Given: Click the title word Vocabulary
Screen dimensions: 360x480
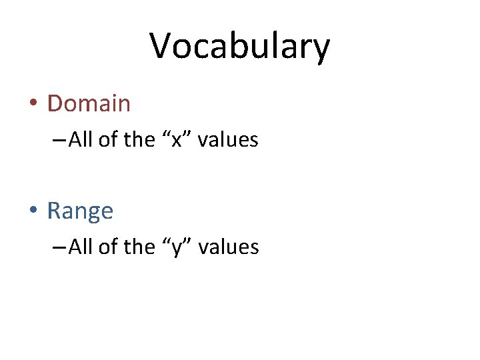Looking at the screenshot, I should (239, 47).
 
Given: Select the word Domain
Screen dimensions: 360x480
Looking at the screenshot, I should (89, 103).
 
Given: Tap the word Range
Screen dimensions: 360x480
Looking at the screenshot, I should (80, 211).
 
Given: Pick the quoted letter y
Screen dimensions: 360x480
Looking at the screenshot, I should (177, 248).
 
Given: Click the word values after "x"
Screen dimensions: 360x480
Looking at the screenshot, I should (228, 140).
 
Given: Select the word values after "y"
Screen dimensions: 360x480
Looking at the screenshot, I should (229, 247).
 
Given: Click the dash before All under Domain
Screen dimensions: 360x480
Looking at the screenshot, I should (58, 141).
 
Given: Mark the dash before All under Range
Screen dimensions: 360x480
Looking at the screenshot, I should (58, 248).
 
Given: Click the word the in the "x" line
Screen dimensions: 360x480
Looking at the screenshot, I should (139, 140).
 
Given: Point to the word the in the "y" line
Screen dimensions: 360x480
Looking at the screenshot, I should (139, 247).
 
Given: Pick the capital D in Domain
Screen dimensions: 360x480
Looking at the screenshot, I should (55, 103).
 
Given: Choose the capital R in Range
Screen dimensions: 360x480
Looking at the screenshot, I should (54, 211).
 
